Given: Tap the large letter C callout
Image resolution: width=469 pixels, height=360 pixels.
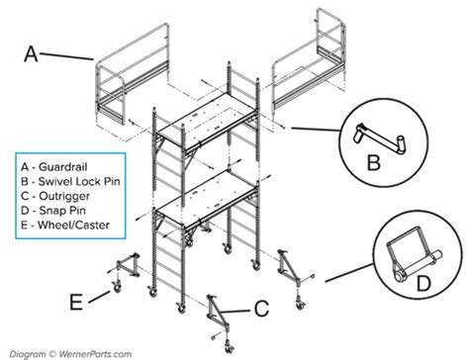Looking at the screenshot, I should click(x=260, y=310).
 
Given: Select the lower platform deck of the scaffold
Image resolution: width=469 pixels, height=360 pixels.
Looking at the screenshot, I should click(x=212, y=202).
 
